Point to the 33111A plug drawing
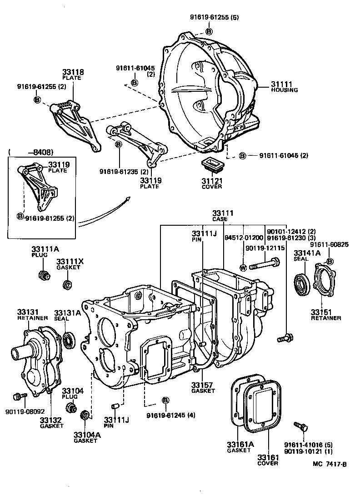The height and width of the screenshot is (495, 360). click(44, 275)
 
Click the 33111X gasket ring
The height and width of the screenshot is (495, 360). click(67, 285)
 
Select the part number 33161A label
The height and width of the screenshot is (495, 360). click(238, 444)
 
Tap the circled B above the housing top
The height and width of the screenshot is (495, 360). click(209, 31)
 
